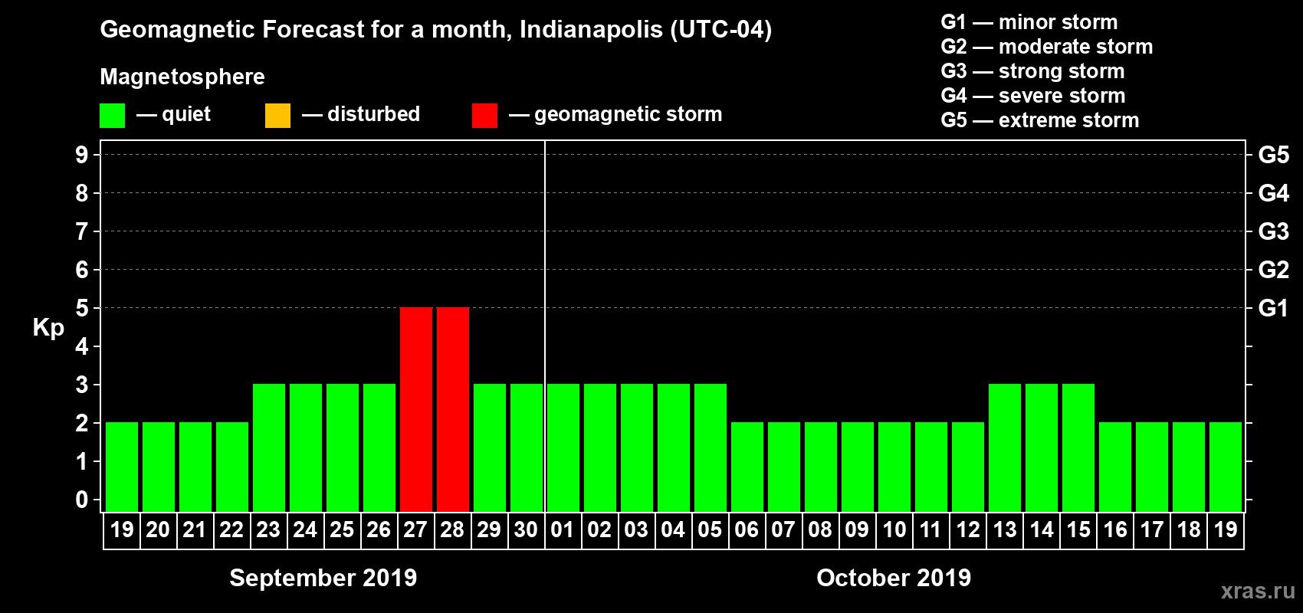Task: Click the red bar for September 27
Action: [x=416, y=409]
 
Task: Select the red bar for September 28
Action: [x=453, y=409]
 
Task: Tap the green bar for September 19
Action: [x=122, y=467]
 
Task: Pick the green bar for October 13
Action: [x=1005, y=447]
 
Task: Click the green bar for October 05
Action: [x=711, y=447]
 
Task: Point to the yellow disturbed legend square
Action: [x=277, y=116]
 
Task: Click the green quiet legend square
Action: [x=112, y=116]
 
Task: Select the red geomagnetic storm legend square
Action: [x=484, y=116]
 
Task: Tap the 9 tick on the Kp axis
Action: [x=82, y=155]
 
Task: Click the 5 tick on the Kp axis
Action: [x=82, y=308]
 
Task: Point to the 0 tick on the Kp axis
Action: [x=82, y=500]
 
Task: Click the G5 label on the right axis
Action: [x=1273, y=155]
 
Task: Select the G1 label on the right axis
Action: [x=1273, y=308]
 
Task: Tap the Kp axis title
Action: [x=48, y=328]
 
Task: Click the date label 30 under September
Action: [x=526, y=529]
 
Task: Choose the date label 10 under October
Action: [x=894, y=529]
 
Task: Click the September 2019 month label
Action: [x=323, y=578]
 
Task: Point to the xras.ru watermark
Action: [x=1258, y=591]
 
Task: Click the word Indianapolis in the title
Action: [x=591, y=30]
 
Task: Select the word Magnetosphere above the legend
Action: [x=182, y=77]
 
